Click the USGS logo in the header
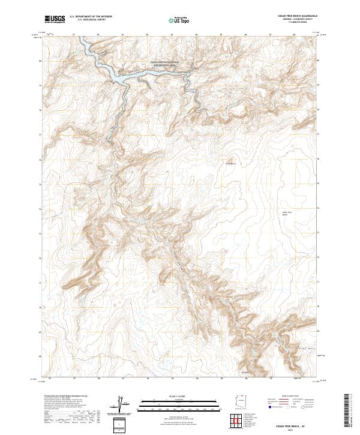coord(55,19)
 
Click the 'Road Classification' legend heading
coord(286,397)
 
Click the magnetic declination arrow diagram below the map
coord(122,403)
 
